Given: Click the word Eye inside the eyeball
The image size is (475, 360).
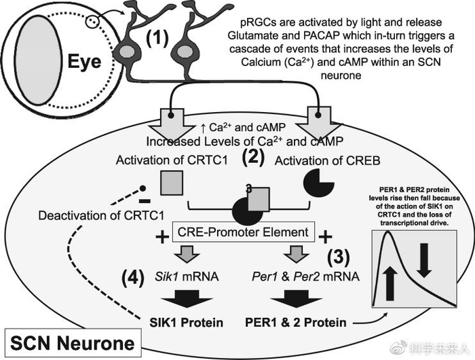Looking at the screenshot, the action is coord(84,62).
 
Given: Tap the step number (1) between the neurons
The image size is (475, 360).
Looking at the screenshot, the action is coord(157,39).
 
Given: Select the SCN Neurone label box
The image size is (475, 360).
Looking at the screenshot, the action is coord(73,343).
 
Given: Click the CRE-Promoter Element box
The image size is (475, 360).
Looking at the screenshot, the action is coord(243,232).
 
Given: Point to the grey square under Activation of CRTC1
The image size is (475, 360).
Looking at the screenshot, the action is coord(172,183).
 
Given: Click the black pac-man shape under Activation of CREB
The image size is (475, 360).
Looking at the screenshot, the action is coord(318,183).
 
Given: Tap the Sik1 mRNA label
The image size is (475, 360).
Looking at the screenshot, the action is coord(187,276).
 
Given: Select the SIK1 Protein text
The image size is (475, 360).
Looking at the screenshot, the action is coord(187,323).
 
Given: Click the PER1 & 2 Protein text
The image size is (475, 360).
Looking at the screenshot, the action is coord(295,323).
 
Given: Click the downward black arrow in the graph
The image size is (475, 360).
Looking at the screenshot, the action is coord(424,260).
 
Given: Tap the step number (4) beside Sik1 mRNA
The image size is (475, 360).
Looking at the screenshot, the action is coord(133,278).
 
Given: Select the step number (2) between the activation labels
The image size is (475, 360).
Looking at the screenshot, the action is coord(253,158).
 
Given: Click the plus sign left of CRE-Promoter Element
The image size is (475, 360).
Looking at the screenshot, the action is coord(162,237).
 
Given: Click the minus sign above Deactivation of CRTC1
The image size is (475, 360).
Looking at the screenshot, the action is coord(144,201).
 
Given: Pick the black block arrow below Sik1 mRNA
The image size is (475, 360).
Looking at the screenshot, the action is coord(187,298).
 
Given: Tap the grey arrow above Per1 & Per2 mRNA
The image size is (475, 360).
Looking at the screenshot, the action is coord(296,254).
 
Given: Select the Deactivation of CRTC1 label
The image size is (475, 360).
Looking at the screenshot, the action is coord(101,215).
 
